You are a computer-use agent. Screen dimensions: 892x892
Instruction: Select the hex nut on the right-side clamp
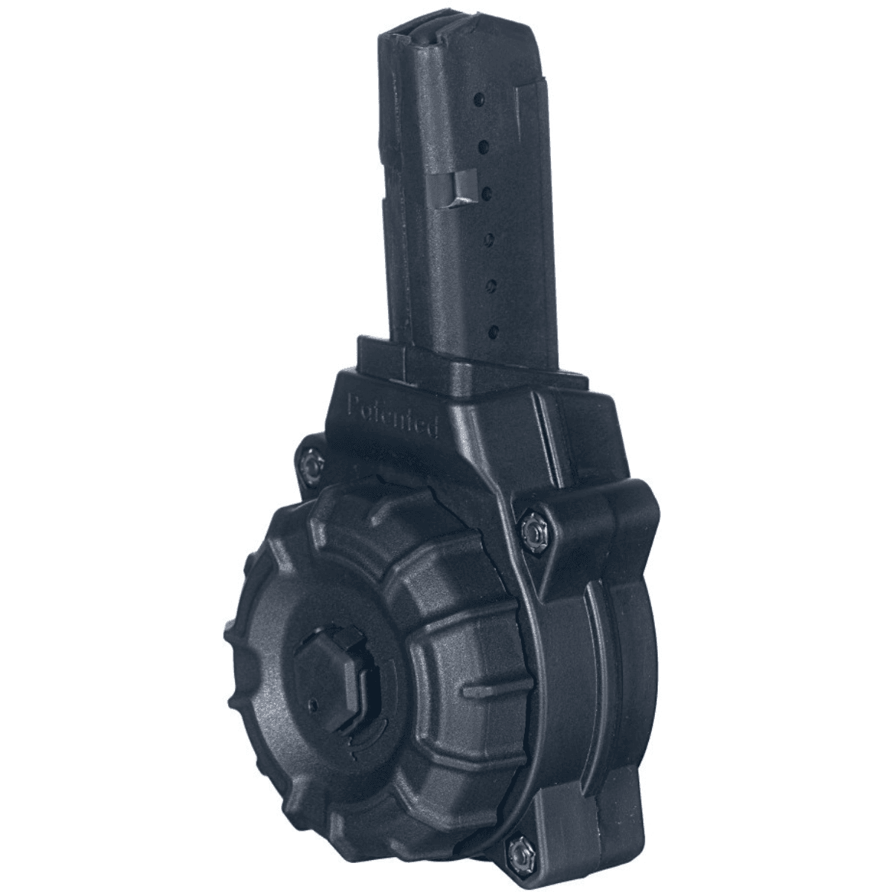pyautogui.click(x=532, y=529)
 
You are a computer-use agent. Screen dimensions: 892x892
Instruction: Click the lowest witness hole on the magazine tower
pyautogui.click(x=493, y=329)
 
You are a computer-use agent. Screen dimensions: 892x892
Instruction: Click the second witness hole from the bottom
pyautogui.click(x=491, y=283)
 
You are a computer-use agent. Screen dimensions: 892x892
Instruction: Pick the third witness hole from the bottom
pyautogui.click(x=490, y=239)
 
